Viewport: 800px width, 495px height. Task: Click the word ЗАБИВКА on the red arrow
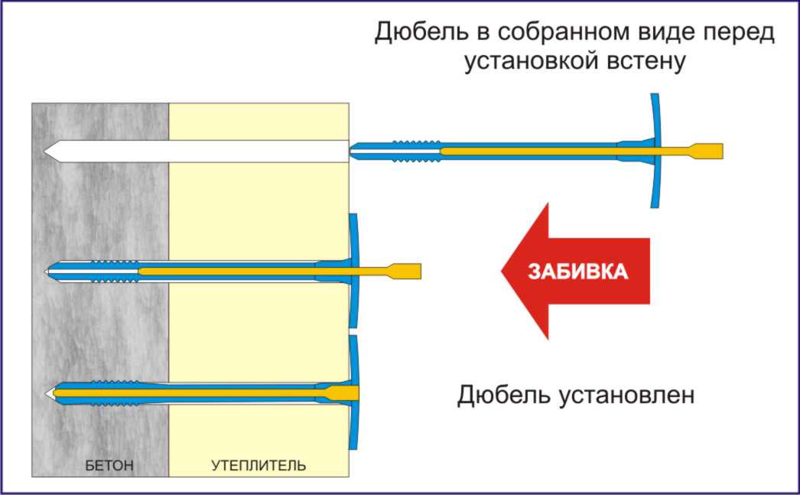pos(578,272)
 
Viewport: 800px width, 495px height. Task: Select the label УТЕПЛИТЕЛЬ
pos(259,464)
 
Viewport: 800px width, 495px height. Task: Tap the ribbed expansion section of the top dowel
pos(416,150)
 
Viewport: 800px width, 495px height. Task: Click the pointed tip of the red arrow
pos(503,272)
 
